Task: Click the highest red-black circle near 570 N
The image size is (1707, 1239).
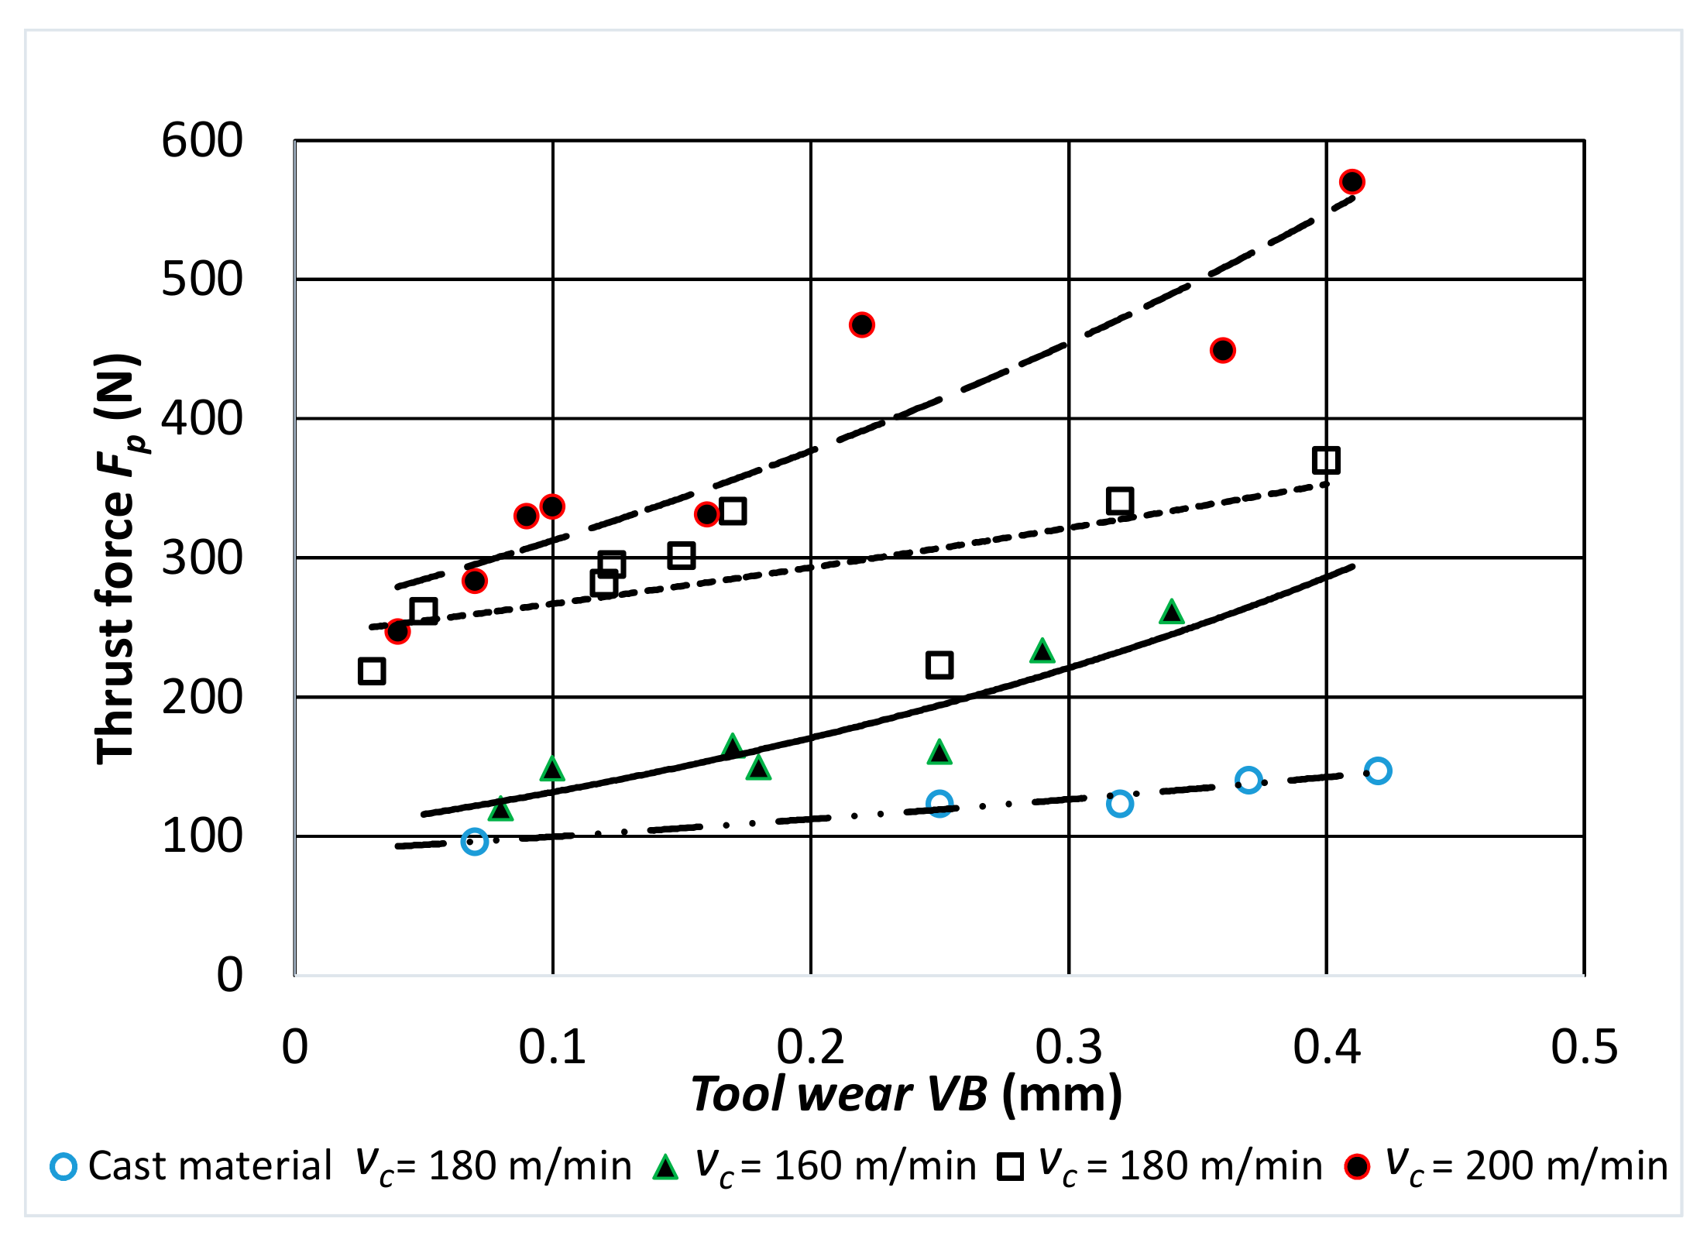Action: point(1352,182)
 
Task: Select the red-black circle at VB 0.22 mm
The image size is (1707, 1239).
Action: point(861,324)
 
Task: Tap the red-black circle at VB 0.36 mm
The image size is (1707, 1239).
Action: point(1222,350)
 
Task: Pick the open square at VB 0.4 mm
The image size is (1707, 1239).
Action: point(1326,460)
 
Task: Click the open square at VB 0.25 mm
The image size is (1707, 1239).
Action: point(939,664)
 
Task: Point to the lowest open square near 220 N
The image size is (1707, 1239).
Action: point(372,671)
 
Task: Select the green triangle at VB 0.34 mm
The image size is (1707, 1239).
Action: point(1171,613)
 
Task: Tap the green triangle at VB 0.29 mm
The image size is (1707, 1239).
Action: point(1042,651)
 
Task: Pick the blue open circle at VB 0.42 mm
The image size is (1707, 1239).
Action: point(1377,771)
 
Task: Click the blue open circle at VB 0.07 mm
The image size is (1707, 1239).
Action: point(474,841)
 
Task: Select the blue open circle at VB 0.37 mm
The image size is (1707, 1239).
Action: point(1248,780)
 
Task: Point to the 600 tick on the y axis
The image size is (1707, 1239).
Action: point(201,141)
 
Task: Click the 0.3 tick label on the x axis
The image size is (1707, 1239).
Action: point(1068,1047)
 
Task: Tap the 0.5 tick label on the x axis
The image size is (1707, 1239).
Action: point(1584,1047)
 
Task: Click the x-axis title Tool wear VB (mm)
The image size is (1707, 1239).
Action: point(906,1094)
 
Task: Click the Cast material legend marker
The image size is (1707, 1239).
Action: point(64,1166)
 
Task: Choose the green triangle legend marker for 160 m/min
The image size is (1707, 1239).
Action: point(665,1167)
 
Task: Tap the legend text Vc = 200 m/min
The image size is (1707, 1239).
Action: point(1526,1166)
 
